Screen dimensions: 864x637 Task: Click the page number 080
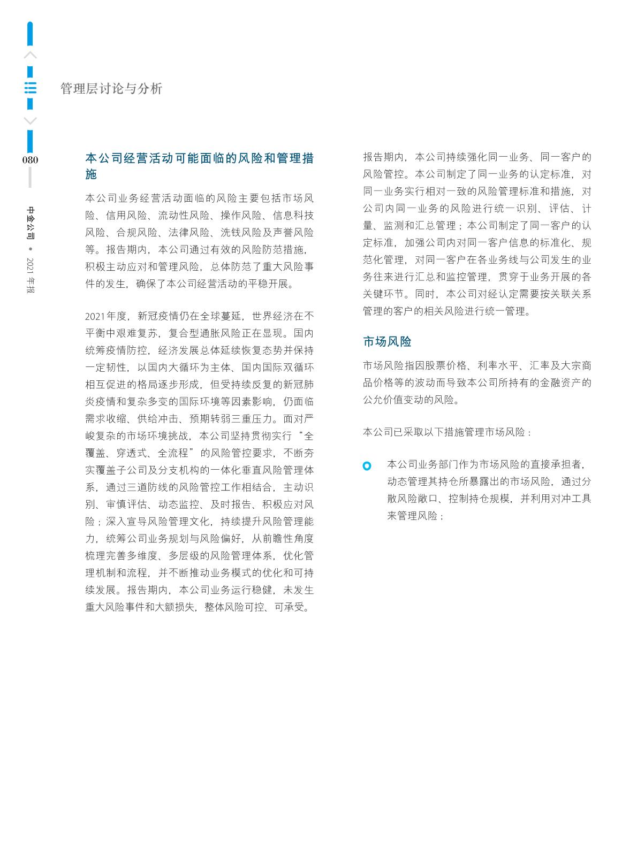click(31, 160)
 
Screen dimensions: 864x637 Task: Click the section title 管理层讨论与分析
click(111, 89)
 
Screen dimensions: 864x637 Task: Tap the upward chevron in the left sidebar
click(31, 55)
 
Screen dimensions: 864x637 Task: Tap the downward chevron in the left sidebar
click(31, 121)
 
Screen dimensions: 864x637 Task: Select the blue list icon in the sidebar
click(31, 88)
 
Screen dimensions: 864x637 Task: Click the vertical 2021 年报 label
click(31, 276)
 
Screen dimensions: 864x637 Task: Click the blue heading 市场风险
click(387, 341)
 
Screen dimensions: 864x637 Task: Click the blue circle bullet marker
click(367, 466)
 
